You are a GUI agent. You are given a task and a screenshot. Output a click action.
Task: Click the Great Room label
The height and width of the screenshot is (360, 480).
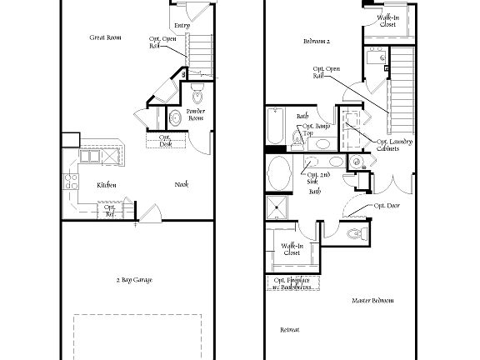click(x=107, y=37)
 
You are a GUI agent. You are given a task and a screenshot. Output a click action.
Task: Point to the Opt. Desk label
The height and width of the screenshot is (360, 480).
click(x=165, y=141)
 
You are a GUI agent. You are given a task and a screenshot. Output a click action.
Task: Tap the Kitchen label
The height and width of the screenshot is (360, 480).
click(x=106, y=185)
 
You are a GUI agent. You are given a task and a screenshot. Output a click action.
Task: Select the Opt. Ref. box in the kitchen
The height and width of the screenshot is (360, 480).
click(x=110, y=212)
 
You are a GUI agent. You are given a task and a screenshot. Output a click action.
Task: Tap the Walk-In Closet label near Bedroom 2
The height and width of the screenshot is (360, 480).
click(x=387, y=20)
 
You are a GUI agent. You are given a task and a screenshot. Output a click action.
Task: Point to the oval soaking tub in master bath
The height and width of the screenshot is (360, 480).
click(x=279, y=175)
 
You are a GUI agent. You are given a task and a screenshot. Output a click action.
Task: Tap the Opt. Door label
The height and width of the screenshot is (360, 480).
click(x=386, y=205)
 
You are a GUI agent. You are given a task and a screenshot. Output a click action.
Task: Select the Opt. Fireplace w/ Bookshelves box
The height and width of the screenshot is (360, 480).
click(x=292, y=283)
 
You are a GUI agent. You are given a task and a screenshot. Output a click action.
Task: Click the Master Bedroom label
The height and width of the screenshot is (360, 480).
click(x=372, y=300)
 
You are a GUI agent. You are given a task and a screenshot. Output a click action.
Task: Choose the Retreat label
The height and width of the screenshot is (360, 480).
click(x=289, y=330)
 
